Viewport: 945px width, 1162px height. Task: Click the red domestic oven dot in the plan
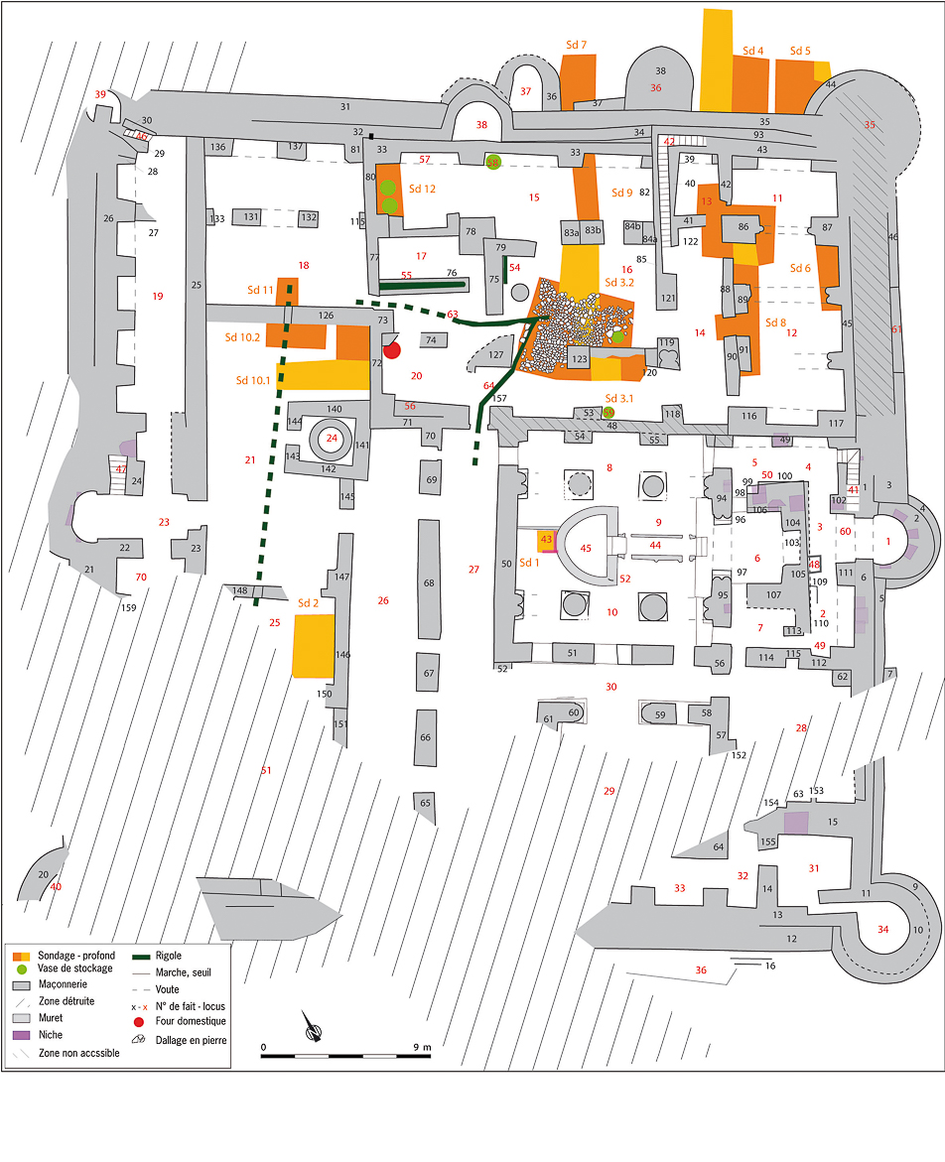[392, 350]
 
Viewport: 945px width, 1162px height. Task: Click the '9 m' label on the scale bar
[421, 1047]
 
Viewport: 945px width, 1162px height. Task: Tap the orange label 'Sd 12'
[422, 189]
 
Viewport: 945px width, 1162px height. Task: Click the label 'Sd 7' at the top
[576, 46]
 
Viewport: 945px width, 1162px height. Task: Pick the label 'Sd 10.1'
[254, 380]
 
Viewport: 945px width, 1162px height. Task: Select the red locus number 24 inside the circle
[333, 439]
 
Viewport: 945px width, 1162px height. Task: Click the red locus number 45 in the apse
[586, 548]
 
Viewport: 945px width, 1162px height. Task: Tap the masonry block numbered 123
[580, 359]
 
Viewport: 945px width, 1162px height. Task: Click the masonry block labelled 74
[431, 340]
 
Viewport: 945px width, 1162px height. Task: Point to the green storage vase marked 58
[493, 162]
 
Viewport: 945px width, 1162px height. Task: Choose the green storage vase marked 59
[608, 413]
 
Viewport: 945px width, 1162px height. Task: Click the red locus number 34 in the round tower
[883, 929]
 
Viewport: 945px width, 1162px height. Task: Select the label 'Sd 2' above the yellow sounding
[308, 602]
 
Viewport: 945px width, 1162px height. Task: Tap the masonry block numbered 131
[251, 217]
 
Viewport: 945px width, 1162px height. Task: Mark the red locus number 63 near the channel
[453, 315]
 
